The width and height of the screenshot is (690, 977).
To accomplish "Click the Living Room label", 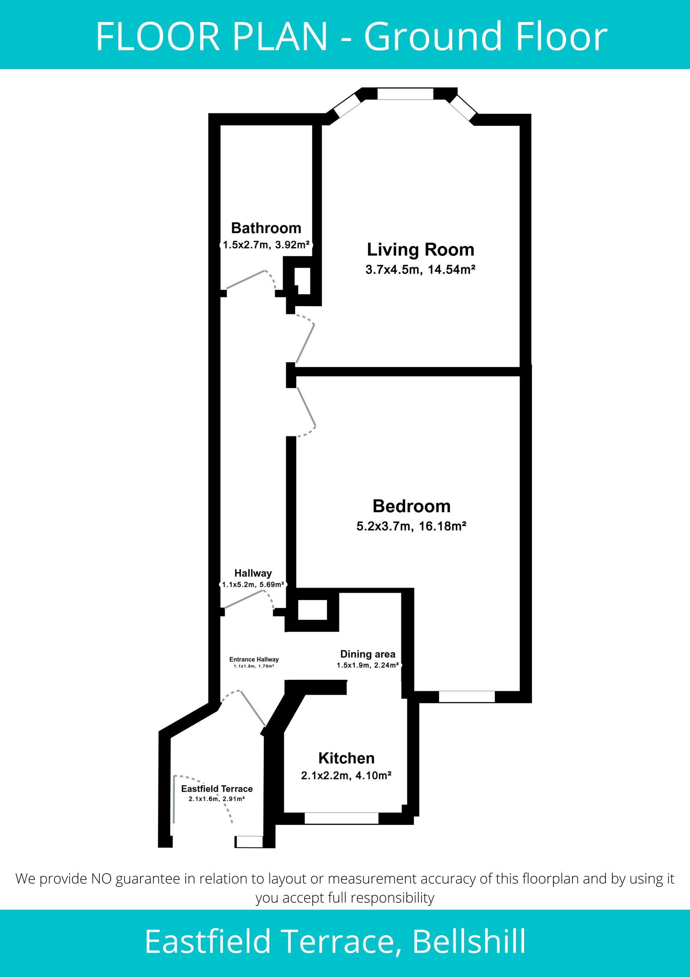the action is [x=421, y=250].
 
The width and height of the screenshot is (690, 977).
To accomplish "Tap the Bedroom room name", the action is [x=412, y=506].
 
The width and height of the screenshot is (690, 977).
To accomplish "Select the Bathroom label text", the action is [x=266, y=228].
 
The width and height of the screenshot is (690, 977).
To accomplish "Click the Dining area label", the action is [x=368, y=654].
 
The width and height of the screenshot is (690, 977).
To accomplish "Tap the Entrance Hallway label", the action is [x=254, y=659].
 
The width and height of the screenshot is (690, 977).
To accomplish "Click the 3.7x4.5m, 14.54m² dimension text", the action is [x=421, y=269].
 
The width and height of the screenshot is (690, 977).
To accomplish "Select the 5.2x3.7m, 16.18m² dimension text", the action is [x=412, y=526].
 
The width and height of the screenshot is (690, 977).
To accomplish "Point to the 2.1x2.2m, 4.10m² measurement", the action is [x=346, y=776].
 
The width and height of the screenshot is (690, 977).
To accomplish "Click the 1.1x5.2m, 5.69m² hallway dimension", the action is [x=253, y=585].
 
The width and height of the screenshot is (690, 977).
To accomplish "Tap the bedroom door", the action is [x=306, y=412].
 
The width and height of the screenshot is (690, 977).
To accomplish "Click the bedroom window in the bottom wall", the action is [x=467, y=697].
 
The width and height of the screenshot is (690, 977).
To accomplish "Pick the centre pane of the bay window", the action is [x=405, y=94].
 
